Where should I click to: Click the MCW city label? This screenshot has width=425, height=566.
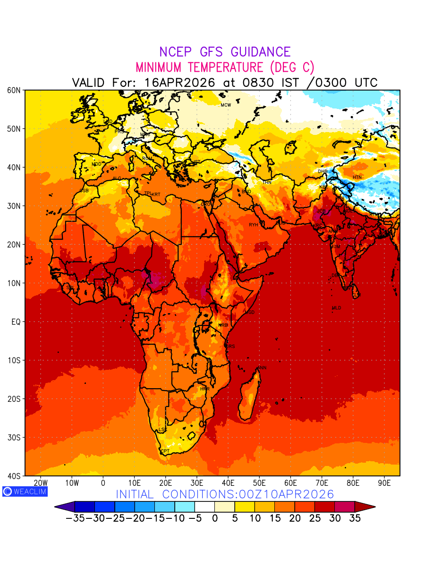[226, 105]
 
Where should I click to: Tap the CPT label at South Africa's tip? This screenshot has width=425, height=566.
[165, 451]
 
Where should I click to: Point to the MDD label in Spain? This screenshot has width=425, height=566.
[96, 164]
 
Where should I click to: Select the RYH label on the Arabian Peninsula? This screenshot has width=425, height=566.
[254, 225]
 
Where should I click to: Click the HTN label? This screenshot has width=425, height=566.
[357, 177]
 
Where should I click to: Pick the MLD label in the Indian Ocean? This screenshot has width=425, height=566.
[336, 308]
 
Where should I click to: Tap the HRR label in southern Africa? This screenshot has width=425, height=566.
[204, 389]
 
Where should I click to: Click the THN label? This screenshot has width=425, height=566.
[267, 182]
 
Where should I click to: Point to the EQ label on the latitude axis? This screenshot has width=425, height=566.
[15, 322]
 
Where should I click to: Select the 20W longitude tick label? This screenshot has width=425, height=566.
[41, 483]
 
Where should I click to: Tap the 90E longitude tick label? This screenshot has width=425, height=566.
[384, 483]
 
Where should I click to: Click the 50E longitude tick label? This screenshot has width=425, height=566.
[259, 483]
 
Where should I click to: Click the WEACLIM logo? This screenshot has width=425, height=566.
[25, 491]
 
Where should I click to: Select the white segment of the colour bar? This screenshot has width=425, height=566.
[204, 507]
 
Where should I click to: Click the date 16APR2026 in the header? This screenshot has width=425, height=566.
[179, 83]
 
